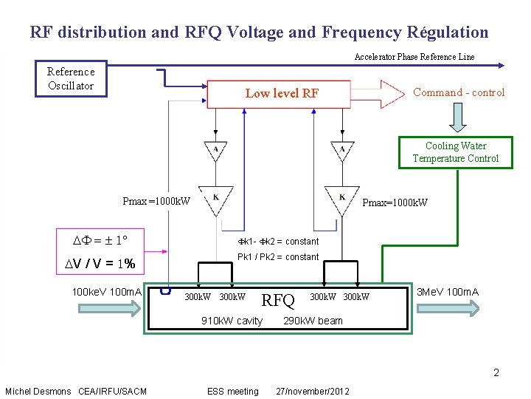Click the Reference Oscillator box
tap(71, 78)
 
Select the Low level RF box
tap(282, 93)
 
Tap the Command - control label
tap(459, 92)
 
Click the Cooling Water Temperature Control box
tap(455, 152)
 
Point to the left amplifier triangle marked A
tap(215, 150)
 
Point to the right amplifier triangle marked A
tap(342, 150)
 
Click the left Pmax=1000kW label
tap(156, 201)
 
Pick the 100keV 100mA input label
tap(107, 293)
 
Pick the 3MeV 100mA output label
tap(448, 292)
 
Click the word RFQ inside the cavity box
tap(279, 300)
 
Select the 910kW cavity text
tap(232, 321)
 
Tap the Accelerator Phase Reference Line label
tap(414, 57)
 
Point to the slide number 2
tap(496, 372)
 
